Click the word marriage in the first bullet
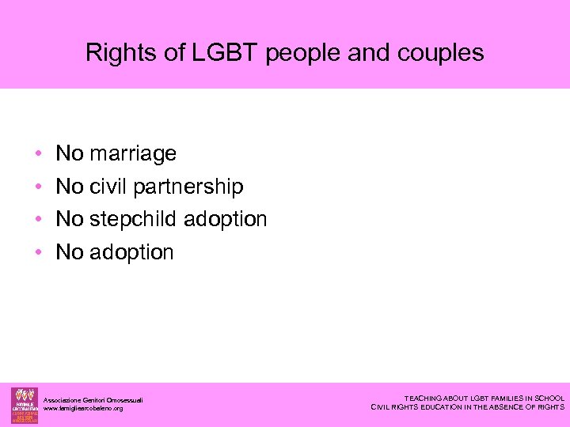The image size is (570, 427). (x=133, y=153)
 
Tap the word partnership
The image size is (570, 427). (x=188, y=187)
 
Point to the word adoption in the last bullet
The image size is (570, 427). (x=131, y=252)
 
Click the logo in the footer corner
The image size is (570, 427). (x=24, y=405)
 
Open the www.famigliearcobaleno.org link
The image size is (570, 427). (x=83, y=408)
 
